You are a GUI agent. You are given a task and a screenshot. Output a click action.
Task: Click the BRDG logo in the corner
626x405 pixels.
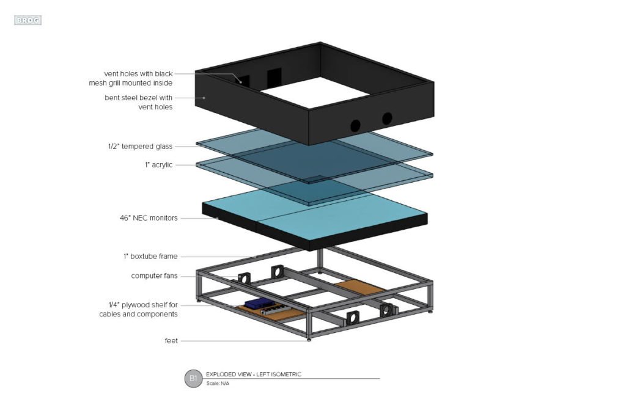pyautogui.click(x=28, y=20)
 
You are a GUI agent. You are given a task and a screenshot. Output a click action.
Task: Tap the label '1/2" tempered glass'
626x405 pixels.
pyautogui.click(x=140, y=147)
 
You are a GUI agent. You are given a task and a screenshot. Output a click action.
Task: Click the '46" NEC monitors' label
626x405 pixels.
pyautogui.click(x=149, y=217)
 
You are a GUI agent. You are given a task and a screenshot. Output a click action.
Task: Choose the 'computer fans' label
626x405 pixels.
pyautogui.click(x=154, y=276)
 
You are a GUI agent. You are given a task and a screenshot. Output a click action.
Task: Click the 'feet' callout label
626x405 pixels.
pyautogui.click(x=171, y=341)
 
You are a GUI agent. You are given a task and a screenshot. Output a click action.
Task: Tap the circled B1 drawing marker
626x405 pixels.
pyautogui.click(x=193, y=379)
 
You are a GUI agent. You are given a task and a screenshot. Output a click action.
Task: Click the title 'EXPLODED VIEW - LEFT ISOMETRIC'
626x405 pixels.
pyautogui.click(x=254, y=374)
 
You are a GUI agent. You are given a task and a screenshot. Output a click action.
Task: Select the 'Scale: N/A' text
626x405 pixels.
pyautogui.click(x=218, y=384)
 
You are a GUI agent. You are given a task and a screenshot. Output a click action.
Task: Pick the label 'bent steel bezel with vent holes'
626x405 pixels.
pyautogui.click(x=138, y=102)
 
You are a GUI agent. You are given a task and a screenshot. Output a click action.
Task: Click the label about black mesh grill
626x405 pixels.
pyautogui.click(x=138, y=78)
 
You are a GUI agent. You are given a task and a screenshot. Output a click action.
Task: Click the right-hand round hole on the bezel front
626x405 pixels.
pyautogui.click(x=387, y=119)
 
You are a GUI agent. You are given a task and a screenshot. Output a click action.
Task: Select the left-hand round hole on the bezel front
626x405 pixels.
pyautogui.click(x=355, y=126)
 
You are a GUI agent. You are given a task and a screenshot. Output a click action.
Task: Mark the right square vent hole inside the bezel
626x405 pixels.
pyautogui.click(x=274, y=77)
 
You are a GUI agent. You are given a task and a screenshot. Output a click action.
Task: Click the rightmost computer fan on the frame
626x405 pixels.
pyautogui.click(x=386, y=310)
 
